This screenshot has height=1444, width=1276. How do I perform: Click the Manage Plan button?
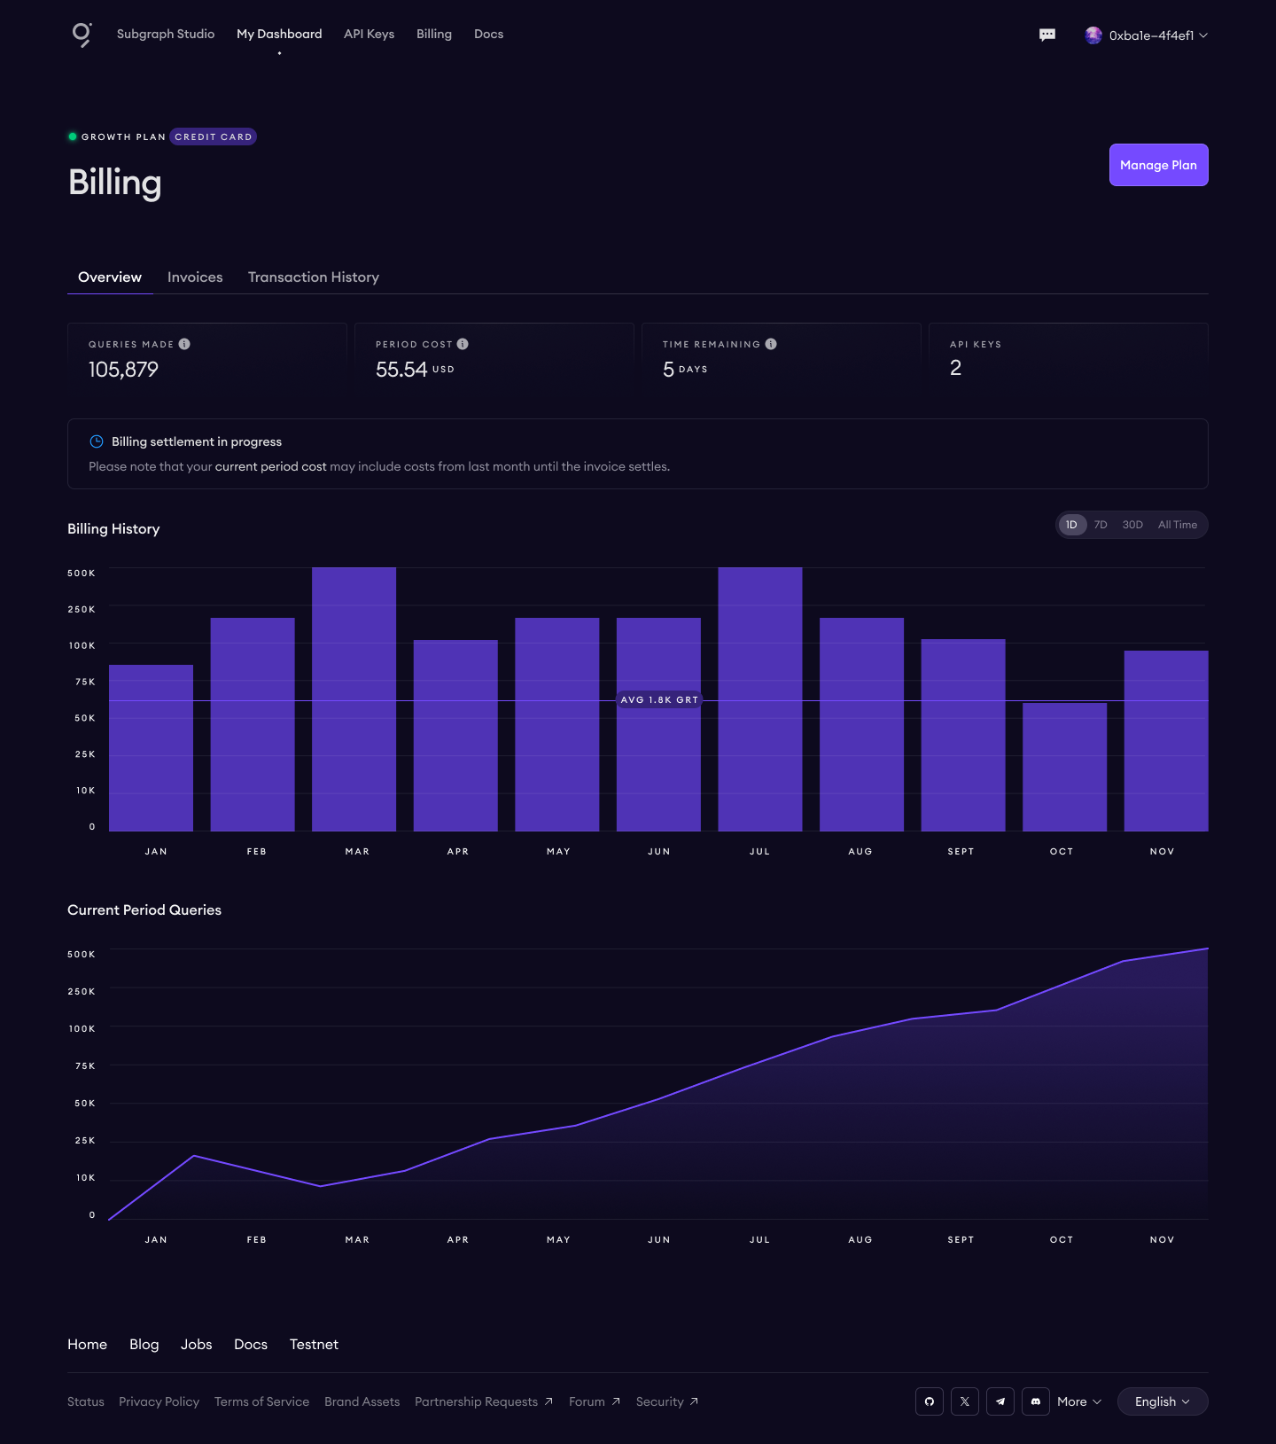pos(1158,165)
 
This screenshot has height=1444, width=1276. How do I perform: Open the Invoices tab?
pos(195,277)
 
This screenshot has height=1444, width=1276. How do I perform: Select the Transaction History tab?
pos(314,277)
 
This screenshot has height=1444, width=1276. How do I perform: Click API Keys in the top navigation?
pos(369,34)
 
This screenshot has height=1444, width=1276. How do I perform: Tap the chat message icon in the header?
pos(1047,35)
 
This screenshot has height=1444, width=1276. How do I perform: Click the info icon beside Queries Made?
pos(184,344)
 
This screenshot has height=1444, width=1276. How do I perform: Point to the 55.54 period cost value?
pos(401,370)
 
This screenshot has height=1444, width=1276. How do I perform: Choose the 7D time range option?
pos(1101,525)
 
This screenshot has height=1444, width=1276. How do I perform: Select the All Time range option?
pos(1177,525)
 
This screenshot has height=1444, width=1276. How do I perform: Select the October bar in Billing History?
pos(1064,767)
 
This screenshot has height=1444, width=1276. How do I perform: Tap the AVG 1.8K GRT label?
pos(659,700)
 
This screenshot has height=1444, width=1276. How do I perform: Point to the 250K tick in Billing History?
pos(82,610)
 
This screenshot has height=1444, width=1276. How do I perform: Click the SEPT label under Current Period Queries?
pos(961,1240)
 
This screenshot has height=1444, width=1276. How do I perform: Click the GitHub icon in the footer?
pos(930,1401)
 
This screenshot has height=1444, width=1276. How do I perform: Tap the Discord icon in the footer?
pos(1036,1401)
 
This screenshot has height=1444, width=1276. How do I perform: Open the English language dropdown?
pos(1162,1401)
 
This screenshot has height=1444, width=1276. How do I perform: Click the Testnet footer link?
pos(314,1345)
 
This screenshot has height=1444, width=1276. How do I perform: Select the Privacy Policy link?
pos(159,1401)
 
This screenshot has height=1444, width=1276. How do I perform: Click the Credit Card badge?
pos(213,137)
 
